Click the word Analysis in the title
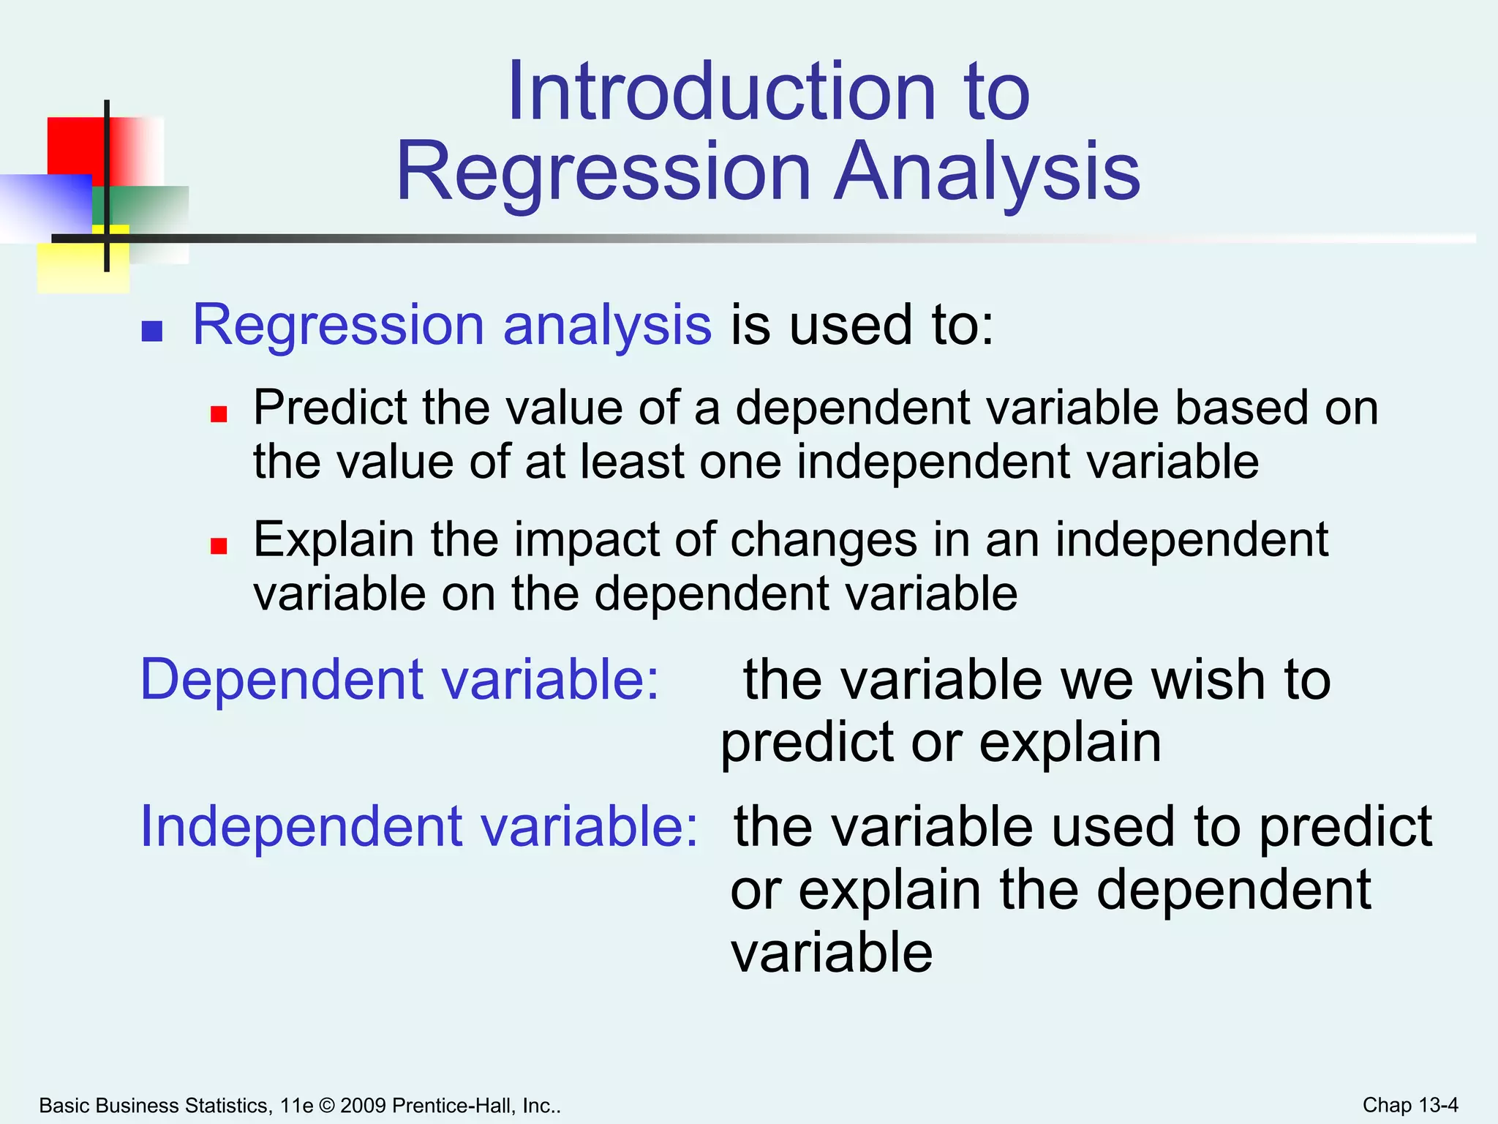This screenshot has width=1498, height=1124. pos(987,172)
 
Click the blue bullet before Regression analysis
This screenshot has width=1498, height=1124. pos(151,331)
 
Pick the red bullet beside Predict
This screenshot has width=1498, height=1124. pos(219,415)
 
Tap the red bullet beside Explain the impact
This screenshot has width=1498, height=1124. pos(219,546)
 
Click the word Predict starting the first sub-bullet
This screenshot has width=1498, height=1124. pos(330,408)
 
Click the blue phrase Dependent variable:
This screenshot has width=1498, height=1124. pos(399,680)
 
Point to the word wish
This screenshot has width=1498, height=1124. pos(1203,680)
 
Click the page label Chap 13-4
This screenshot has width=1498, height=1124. pos(1409,1105)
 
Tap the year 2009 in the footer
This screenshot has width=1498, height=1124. pos(363,1106)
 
